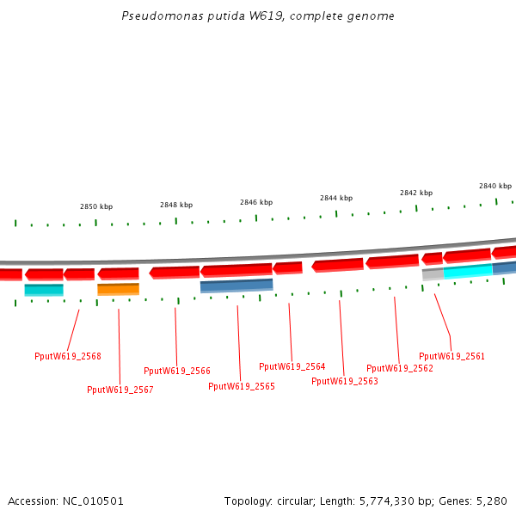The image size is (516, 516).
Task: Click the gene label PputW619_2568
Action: point(68,356)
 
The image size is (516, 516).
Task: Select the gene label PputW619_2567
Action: point(120,390)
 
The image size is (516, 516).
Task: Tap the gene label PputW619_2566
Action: point(177,372)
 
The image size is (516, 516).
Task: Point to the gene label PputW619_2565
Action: point(242,386)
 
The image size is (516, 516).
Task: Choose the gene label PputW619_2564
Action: point(292,366)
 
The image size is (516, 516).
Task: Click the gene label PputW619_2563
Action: point(345,381)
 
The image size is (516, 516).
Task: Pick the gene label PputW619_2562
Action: point(400,368)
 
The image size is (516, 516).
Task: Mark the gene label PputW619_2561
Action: point(452,356)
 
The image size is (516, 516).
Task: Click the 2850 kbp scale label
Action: point(96,206)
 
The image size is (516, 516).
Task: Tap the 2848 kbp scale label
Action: point(176,205)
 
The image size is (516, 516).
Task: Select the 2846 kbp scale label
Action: point(256,202)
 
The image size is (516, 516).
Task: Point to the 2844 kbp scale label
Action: point(336,198)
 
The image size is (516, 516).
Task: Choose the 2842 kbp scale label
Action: point(416,193)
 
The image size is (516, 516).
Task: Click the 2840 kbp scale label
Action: point(495,186)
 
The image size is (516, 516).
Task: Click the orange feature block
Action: point(118,289)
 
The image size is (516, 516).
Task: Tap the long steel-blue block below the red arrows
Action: point(236,286)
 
